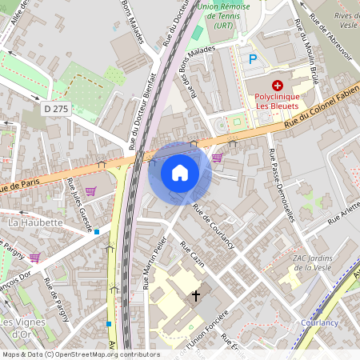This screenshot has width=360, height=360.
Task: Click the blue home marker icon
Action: click(x=180, y=173)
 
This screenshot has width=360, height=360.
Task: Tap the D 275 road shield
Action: click(x=57, y=108)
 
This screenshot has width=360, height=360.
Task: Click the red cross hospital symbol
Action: click(x=278, y=85)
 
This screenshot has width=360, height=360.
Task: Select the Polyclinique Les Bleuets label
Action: click(x=278, y=99)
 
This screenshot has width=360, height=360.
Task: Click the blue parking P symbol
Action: click(x=253, y=58)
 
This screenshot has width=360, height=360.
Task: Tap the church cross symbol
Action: click(x=195, y=296)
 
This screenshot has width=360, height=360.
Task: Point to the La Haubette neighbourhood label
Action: click(x=35, y=221)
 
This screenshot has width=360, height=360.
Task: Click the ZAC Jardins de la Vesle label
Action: click(x=316, y=262)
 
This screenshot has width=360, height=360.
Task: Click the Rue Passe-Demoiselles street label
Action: click(x=286, y=185)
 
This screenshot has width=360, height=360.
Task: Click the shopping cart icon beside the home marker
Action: click(x=217, y=158)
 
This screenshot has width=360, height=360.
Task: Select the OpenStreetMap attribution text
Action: click(x=80, y=354)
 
